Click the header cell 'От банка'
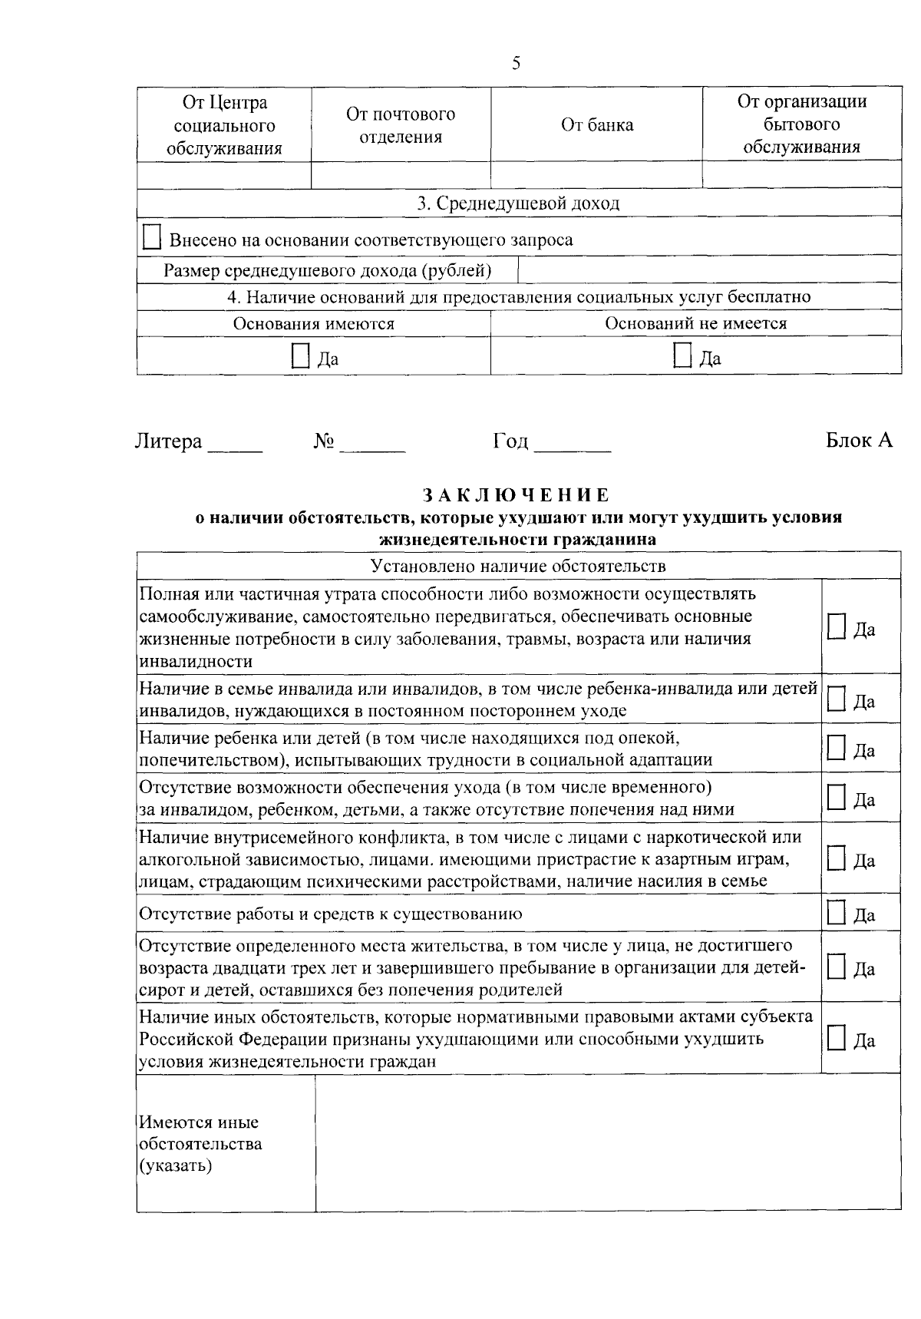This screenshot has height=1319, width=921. pyautogui.click(x=597, y=125)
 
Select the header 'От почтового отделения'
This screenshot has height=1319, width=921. pyautogui.click(x=401, y=125)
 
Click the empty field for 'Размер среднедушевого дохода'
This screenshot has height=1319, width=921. pyautogui.click(x=709, y=270)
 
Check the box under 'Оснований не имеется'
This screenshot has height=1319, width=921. pyautogui.click(x=682, y=355)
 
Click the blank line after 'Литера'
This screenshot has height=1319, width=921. pyautogui.click(x=236, y=445)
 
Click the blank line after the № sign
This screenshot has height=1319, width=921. pyautogui.click(x=372, y=445)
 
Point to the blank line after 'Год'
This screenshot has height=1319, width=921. pyautogui.click(x=573, y=445)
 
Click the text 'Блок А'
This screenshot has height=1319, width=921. pyautogui.click(x=859, y=441)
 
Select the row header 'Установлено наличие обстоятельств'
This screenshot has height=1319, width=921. pyautogui.click(x=518, y=566)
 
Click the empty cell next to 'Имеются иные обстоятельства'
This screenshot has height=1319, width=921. pyautogui.click(x=608, y=1142)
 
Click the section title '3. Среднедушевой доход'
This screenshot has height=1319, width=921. pyautogui.click(x=518, y=203)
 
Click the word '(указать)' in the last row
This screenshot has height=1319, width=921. pyautogui.click(x=176, y=1166)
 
